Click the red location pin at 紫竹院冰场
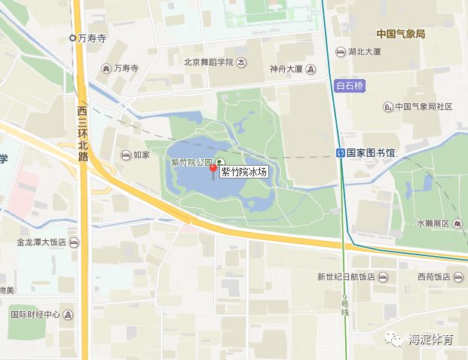point(213,168)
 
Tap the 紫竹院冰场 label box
point(243,172)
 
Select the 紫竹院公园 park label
point(192,162)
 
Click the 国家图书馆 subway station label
point(371,153)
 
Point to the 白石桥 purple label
point(349,86)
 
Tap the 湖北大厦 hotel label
point(365,52)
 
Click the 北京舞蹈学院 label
point(209,63)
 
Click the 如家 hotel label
point(141,156)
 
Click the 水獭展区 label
point(432,224)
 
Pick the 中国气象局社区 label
point(423,107)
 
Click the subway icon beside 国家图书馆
point(341,153)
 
